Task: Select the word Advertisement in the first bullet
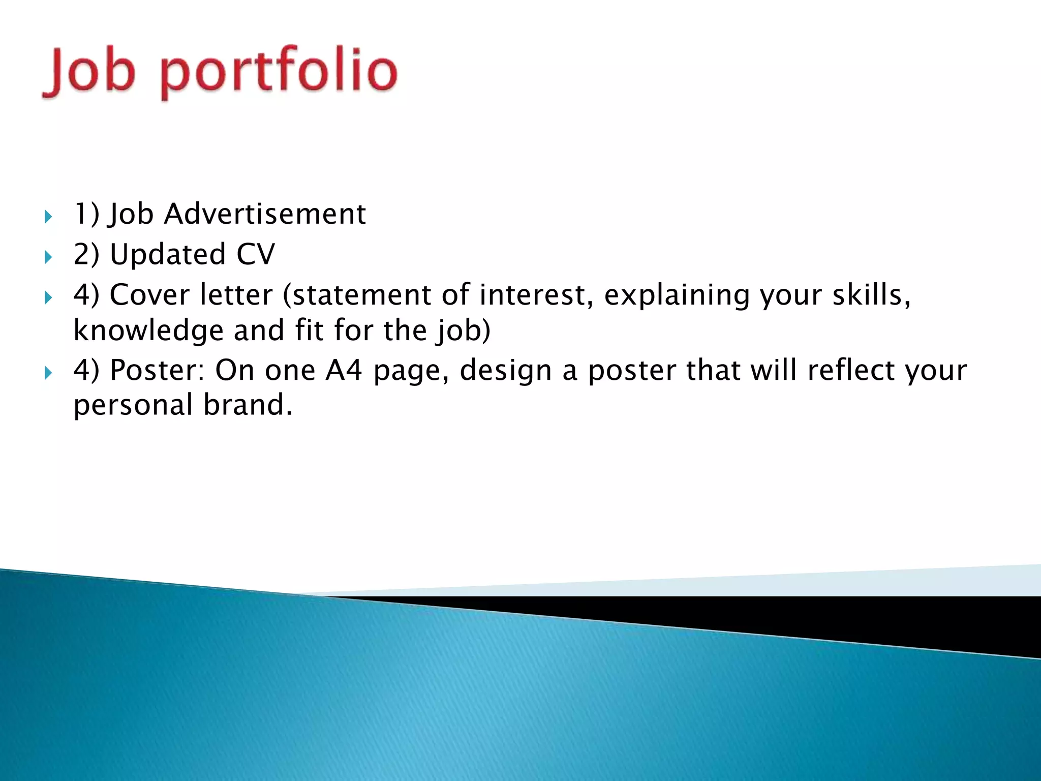[x=264, y=214]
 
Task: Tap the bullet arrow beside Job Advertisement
[x=48, y=217]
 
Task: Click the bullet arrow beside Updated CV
[x=48, y=257]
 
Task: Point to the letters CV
[x=255, y=254]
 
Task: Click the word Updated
[x=168, y=254]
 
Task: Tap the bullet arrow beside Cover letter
[x=48, y=297]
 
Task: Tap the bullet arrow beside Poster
[x=48, y=373]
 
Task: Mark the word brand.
[x=248, y=405]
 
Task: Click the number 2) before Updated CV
[x=86, y=254]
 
